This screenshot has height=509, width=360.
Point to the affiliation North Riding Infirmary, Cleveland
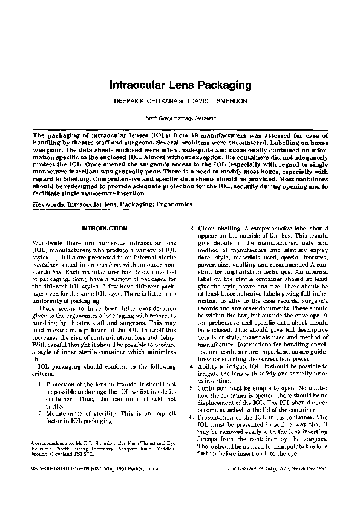click(180, 118)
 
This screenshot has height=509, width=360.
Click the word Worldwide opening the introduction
click(48, 242)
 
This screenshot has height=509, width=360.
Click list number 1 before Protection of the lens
click(40, 385)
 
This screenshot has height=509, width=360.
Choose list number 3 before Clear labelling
click(192, 228)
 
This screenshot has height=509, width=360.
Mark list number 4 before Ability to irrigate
click(192, 366)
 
